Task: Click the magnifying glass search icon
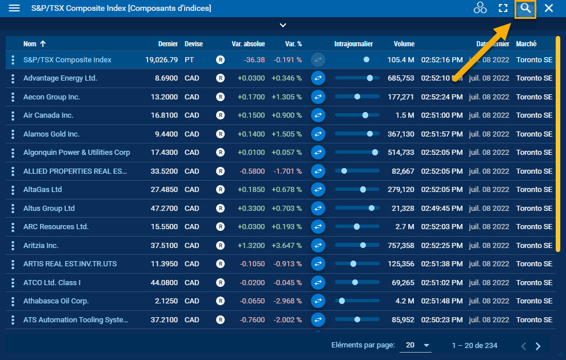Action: pyautogui.click(x=525, y=9)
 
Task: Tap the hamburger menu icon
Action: pyautogui.click(x=14, y=9)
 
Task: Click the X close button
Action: pyautogui.click(x=549, y=9)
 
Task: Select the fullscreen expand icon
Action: pyautogui.click(x=503, y=9)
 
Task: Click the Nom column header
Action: pyautogui.click(x=30, y=44)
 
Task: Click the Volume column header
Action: pyautogui.click(x=404, y=44)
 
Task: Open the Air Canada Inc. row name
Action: pyautogui.click(x=49, y=115)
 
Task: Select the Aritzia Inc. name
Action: pyautogui.click(x=41, y=246)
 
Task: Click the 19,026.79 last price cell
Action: pyautogui.click(x=161, y=60)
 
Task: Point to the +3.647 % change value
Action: pyautogui.click(x=286, y=246)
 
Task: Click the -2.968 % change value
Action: pyautogui.click(x=287, y=301)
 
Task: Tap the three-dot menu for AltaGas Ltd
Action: pyautogui.click(x=13, y=190)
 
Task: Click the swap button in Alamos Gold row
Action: pyautogui.click(x=318, y=134)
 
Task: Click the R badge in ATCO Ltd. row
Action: pyautogui.click(x=220, y=283)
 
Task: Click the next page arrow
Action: pyautogui.click(x=538, y=346)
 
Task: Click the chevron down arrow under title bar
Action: pyautogui.click(x=282, y=25)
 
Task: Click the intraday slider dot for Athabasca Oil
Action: pyautogui.click(x=342, y=301)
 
